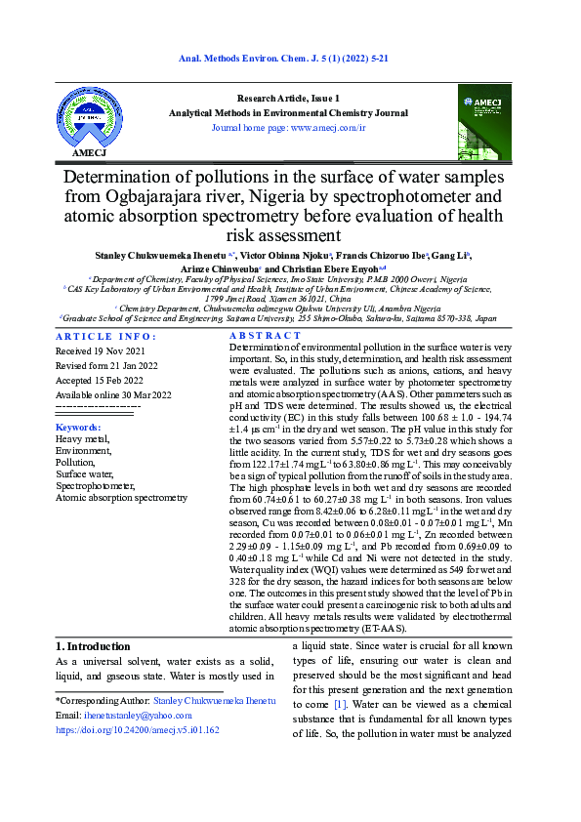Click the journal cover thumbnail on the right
(484, 122)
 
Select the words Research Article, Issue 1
(289, 99)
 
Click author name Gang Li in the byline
(454, 255)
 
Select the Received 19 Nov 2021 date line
(100, 350)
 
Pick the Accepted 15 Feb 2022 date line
(100, 380)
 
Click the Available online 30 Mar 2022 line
(113, 394)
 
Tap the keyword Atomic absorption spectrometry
(121, 497)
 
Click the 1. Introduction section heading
(93, 646)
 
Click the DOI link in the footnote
(137, 728)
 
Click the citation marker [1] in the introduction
(340, 704)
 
